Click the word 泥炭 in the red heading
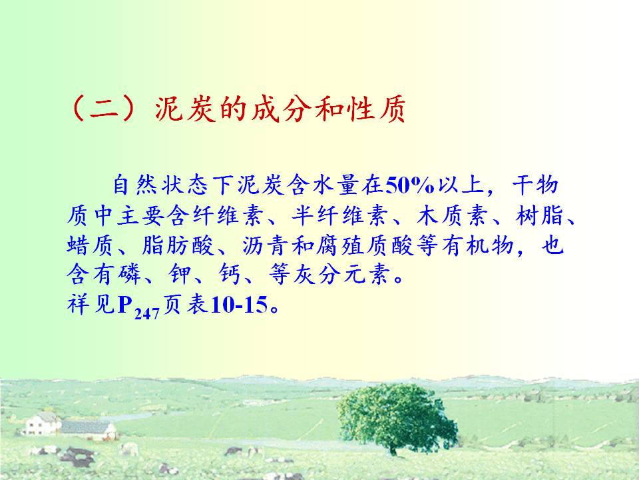186,109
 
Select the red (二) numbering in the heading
103,109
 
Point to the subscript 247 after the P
146,314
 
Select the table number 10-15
239,305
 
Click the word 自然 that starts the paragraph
134,185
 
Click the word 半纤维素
338,215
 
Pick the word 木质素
452,215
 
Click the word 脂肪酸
178,245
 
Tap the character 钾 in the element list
180,274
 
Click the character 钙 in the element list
230,274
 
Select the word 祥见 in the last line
91,304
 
